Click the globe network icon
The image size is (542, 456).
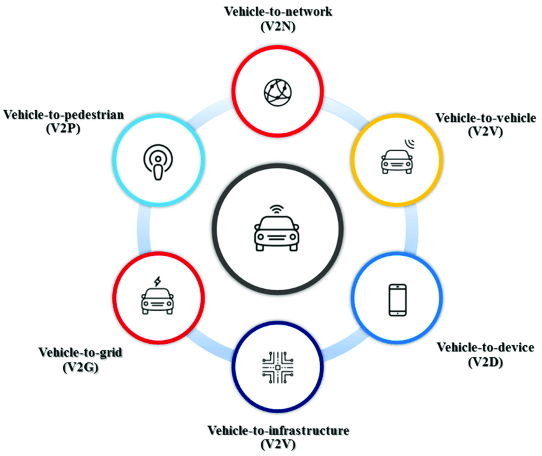(277, 92)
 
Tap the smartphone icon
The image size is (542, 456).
(397, 300)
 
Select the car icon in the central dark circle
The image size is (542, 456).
(277, 233)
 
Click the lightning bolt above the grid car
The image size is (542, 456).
(157, 281)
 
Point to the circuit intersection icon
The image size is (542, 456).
(277, 367)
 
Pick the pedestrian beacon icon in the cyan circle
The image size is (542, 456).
(158, 162)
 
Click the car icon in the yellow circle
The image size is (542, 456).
(397, 161)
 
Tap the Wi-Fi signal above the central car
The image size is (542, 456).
(277, 209)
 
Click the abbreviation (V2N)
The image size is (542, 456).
(278, 27)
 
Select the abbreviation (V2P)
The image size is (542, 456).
(63, 129)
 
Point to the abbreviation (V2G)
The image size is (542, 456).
(80, 367)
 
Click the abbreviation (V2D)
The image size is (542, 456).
(485, 362)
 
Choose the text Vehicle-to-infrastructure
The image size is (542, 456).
(278, 430)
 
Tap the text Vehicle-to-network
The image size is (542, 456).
(278, 11)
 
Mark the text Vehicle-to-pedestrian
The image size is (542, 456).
(64, 115)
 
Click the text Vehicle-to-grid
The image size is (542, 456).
(80, 353)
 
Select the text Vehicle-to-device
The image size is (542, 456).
(485, 348)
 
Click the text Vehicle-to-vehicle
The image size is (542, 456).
(486, 118)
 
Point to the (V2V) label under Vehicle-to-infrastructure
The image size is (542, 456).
(278, 445)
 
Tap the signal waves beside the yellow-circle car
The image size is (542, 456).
(410, 143)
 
